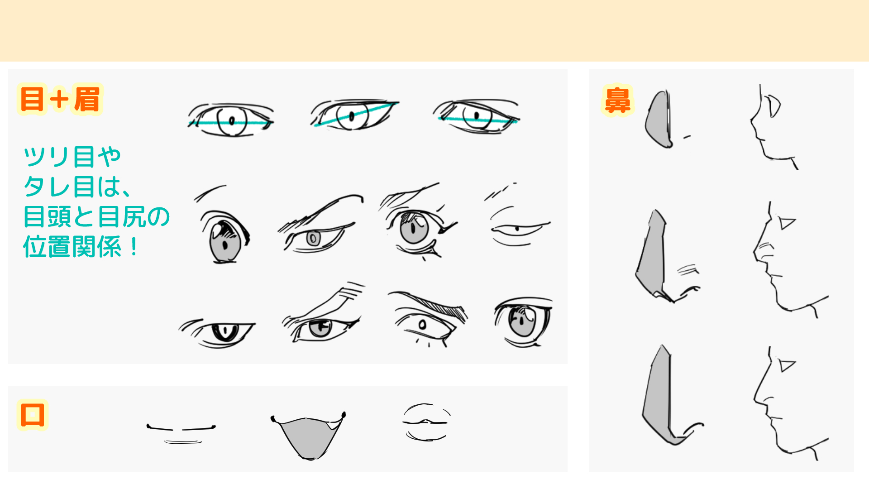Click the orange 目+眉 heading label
60,99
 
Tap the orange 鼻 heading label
617,101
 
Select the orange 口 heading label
33,414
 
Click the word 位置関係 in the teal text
72,247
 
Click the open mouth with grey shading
309,436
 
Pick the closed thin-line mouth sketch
181,432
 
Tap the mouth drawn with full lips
426,422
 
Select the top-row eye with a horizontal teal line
231,120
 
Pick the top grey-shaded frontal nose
660,120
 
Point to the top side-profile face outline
769,127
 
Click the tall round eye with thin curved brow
225,238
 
